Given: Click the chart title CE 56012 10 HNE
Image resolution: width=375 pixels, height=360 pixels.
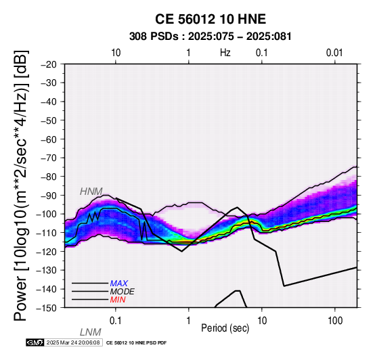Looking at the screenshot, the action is [211, 19].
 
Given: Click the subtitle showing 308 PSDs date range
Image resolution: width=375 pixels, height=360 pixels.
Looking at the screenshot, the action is [211, 37].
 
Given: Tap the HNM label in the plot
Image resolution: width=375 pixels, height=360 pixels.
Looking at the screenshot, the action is [91, 192].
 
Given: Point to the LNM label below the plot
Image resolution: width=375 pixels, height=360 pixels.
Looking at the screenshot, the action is [91, 332].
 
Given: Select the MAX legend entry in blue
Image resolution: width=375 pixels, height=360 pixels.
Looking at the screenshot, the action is [119, 284].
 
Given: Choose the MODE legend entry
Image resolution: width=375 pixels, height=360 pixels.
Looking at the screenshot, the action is [123, 292].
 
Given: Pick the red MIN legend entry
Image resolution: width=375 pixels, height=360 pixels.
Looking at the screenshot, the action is [118, 300].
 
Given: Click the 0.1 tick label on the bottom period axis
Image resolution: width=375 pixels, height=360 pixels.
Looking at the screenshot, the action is [115, 321].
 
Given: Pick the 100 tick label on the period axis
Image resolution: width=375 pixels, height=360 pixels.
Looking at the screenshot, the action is [335, 321].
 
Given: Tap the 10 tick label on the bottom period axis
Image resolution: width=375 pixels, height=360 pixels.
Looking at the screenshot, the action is [262, 321].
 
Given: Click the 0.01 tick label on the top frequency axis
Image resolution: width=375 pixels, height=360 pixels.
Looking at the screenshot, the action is [334, 53].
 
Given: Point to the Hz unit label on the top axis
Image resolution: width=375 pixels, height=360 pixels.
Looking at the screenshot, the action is [225, 53].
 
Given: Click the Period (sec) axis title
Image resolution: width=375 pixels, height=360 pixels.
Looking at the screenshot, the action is [225, 328].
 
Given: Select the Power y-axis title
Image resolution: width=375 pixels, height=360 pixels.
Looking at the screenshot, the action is [21, 185].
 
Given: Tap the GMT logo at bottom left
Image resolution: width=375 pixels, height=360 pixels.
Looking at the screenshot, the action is [35, 342].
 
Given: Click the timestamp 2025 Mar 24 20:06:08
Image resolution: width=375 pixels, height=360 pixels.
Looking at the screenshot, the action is [73, 342].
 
